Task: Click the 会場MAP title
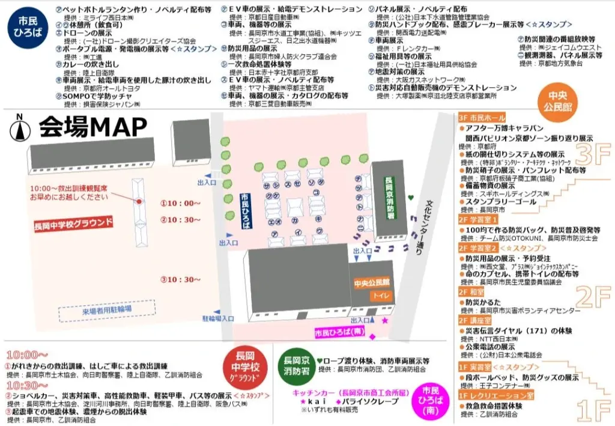[93, 127]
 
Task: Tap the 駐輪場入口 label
[218, 318]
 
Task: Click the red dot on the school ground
[139, 201]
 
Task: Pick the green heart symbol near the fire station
[411, 196]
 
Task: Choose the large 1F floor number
[593, 410]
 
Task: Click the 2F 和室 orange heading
[471, 291]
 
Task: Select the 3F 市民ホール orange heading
[482, 118]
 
